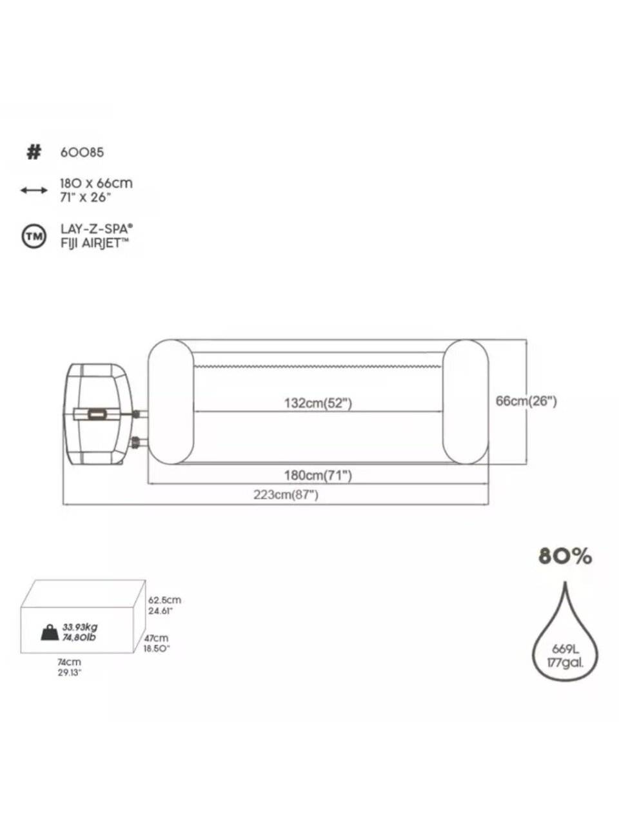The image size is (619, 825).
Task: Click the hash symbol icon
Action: click(x=34, y=152)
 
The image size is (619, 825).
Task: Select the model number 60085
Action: click(x=82, y=153)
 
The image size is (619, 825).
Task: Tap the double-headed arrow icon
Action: click(x=34, y=190)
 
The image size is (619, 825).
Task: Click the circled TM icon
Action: click(x=34, y=237)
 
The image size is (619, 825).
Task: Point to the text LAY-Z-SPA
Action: click(x=97, y=229)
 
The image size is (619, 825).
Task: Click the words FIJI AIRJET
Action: click(x=95, y=243)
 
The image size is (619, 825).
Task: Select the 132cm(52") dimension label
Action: click(x=318, y=403)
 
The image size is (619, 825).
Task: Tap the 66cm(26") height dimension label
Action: click(x=526, y=401)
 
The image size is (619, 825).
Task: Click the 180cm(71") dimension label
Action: click(x=318, y=476)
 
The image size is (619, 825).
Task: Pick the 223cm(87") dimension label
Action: click(x=286, y=495)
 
